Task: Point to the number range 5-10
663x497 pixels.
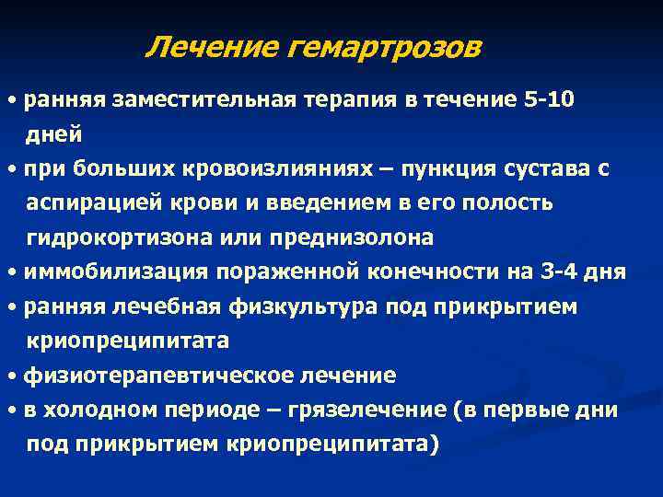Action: pos(549,99)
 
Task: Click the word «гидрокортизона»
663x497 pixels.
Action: pos(117,238)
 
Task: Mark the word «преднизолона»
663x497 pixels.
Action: pos(349,238)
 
